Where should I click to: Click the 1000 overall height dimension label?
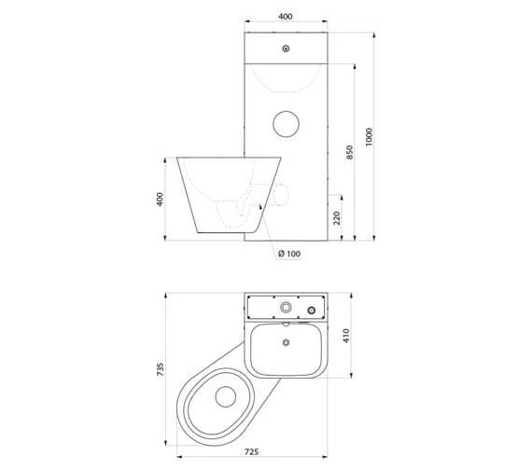pyautogui.click(x=369, y=137)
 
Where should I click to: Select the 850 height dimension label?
pyautogui.click(x=349, y=152)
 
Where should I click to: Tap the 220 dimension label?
pyautogui.click(x=337, y=218)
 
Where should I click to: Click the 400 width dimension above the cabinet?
pyautogui.click(x=286, y=16)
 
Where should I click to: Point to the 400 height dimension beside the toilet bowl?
pyautogui.click(x=160, y=199)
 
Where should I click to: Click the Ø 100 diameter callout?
pyautogui.click(x=289, y=254)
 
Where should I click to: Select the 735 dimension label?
pyautogui.click(x=161, y=369)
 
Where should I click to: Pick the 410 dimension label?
pyautogui.click(x=346, y=336)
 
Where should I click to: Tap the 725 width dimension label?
pyautogui.click(x=251, y=452)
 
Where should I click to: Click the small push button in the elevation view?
pyautogui.click(x=286, y=48)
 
